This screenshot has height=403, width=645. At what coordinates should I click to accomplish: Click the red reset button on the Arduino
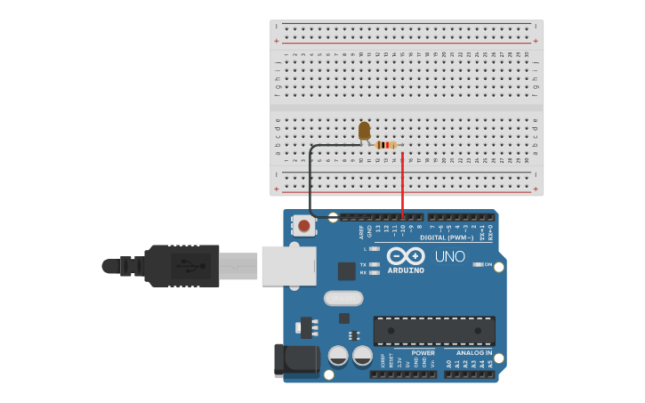click(x=303, y=225)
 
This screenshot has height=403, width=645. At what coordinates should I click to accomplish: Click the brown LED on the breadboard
click(x=364, y=131)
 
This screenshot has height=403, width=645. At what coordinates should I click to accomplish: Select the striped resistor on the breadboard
click(x=386, y=144)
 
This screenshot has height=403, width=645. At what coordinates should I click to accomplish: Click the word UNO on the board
click(x=449, y=256)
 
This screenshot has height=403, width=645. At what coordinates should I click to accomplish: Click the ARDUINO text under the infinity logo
click(x=406, y=270)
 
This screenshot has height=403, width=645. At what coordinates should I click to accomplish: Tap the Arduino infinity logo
click(x=406, y=256)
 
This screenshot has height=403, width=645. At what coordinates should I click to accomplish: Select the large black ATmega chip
click(x=434, y=330)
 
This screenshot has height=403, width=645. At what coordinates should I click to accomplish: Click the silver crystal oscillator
click(x=343, y=298)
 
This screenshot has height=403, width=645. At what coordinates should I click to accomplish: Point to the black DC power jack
click(x=296, y=359)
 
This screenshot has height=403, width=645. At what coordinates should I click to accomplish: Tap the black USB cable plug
click(x=181, y=265)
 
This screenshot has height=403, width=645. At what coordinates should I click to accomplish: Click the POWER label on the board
click(x=423, y=352)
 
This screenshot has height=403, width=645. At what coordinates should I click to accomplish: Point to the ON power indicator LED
click(x=478, y=264)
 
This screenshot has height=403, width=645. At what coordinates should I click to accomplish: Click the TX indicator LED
click(x=375, y=265)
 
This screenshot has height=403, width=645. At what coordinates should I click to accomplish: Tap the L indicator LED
click(x=375, y=248)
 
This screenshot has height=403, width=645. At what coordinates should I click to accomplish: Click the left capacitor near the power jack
click(x=338, y=356)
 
